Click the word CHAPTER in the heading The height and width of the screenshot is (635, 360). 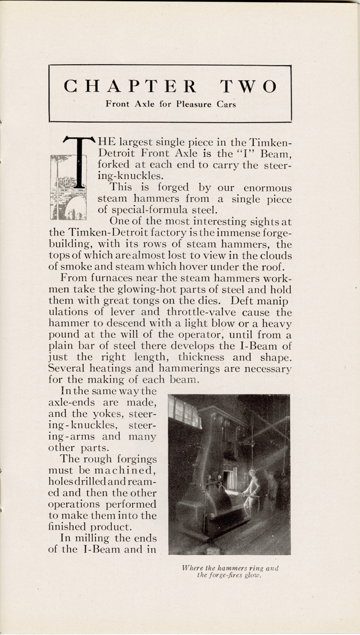point(130,86)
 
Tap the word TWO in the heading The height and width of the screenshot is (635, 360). point(248,86)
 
